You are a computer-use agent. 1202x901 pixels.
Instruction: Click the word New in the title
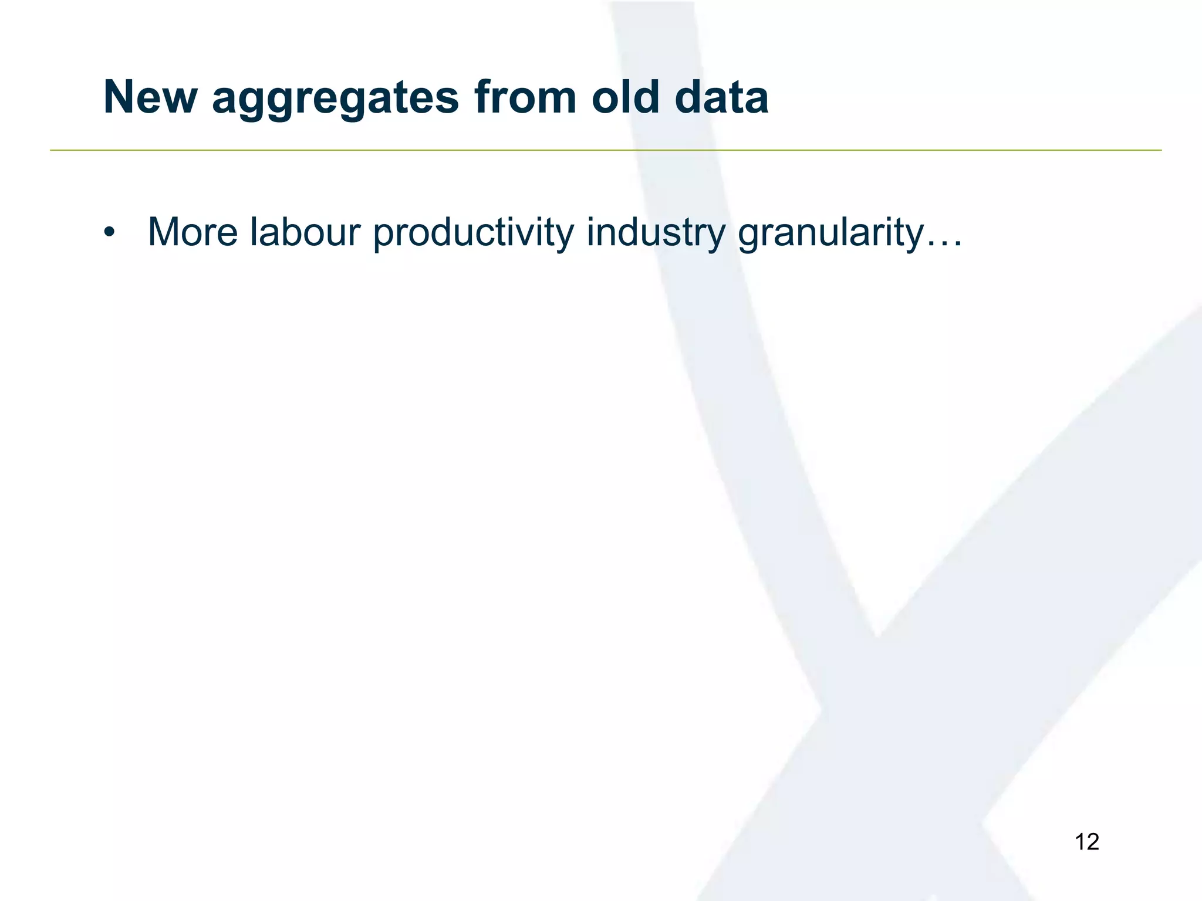(x=150, y=97)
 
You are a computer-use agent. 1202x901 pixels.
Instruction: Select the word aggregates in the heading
(x=335, y=100)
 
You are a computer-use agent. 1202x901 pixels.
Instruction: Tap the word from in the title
(x=525, y=97)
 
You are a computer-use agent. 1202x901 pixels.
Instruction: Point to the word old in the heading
(x=625, y=97)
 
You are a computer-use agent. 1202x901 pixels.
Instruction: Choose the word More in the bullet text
(x=193, y=232)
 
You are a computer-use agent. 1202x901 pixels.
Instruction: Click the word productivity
(x=473, y=233)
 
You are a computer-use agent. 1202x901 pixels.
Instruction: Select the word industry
(x=656, y=233)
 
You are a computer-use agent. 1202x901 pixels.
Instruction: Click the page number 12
(x=1086, y=842)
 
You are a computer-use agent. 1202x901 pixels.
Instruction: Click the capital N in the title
(x=120, y=97)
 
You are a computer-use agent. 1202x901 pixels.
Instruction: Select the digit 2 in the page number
(x=1092, y=842)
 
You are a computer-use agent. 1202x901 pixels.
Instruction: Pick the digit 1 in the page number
(x=1080, y=842)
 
